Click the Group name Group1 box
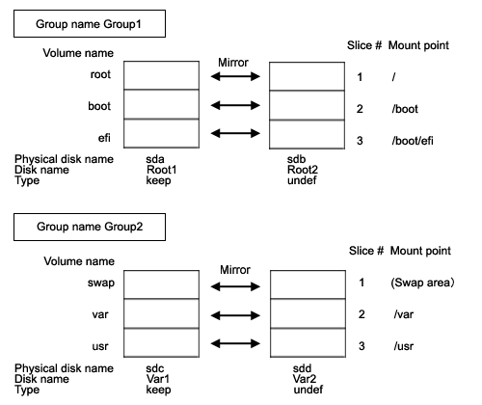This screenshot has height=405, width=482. click(x=90, y=24)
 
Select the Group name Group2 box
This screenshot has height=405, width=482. click(x=90, y=227)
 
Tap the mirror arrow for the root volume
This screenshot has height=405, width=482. click(x=235, y=76)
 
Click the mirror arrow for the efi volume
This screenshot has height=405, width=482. click(x=235, y=133)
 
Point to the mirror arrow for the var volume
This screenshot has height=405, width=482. click(x=235, y=315)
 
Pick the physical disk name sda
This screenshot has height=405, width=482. click(x=155, y=159)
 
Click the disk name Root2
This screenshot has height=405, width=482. click(x=303, y=170)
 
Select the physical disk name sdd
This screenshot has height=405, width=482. click(x=302, y=368)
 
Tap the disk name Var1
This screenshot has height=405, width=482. click(x=158, y=379)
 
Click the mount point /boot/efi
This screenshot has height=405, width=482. click(x=413, y=141)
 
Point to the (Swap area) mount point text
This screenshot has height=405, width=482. click(x=422, y=283)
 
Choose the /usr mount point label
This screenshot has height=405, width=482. click(x=404, y=346)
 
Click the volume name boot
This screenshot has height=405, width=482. click(x=99, y=106)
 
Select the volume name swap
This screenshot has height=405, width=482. click(x=101, y=283)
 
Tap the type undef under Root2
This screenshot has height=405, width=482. click(x=302, y=180)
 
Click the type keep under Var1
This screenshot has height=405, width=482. click(x=158, y=390)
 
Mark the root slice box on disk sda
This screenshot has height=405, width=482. click(x=161, y=75)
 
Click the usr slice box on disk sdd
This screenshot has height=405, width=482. click(x=308, y=342)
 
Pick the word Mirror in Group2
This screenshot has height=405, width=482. click(x=235, y=270)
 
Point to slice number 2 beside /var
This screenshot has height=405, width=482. click(x=361, y=314)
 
